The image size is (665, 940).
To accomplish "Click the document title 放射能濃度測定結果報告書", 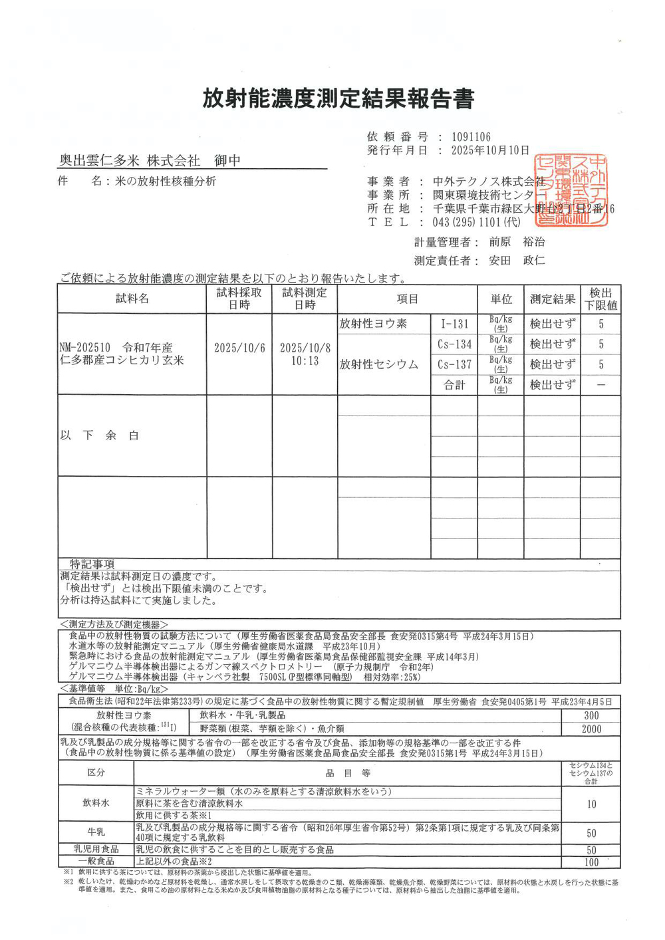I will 338,98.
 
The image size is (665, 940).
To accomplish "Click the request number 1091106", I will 471,137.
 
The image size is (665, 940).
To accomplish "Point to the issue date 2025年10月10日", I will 490,150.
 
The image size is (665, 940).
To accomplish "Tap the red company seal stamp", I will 571,191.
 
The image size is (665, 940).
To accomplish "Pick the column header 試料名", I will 132,299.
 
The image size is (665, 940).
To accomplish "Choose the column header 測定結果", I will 552,299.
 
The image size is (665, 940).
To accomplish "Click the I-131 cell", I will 455,324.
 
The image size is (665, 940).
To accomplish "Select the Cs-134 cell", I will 455,344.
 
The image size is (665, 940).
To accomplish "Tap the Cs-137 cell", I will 455,364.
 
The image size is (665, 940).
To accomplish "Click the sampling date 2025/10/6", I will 239,348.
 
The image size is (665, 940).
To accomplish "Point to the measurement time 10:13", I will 305,361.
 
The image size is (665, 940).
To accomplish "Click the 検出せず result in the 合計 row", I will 552,385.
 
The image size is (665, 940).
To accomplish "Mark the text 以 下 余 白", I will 100,435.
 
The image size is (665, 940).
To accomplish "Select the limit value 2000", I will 591,729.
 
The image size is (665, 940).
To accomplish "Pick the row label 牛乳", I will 96,832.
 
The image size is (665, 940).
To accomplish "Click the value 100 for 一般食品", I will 591,862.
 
